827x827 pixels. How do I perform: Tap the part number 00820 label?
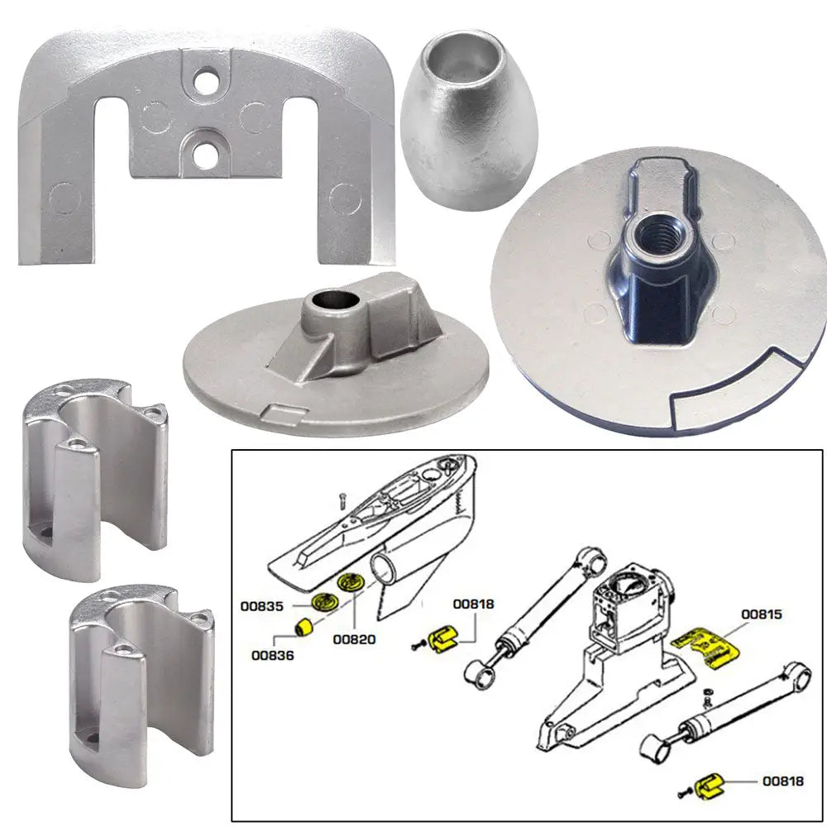point(354,639)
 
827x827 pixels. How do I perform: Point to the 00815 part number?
point(761,614)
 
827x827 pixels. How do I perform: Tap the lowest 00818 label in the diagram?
point(782,780)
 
